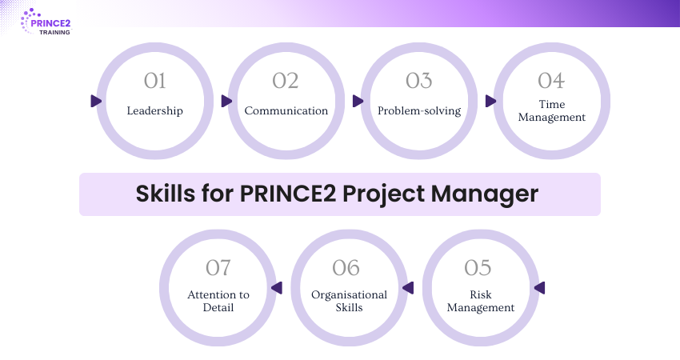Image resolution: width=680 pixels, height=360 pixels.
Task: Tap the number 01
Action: (x=154, y=81)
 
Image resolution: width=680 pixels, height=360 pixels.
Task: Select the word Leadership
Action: (x=154, y=110)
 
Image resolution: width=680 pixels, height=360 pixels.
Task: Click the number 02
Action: (x=286, y=81)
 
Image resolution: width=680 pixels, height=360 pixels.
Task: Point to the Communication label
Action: (x=286, y=110)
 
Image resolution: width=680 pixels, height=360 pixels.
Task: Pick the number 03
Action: (x=418, y=81)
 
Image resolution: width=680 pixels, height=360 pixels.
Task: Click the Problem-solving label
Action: (x=418, y=110)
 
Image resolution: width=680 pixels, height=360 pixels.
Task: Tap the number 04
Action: (x=551, y=81)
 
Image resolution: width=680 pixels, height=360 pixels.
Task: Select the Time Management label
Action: (x=551, y=110)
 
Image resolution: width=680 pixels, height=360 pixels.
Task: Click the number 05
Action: (x=480, y=267)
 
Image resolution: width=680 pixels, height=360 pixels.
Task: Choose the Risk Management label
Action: (x=480, y=302)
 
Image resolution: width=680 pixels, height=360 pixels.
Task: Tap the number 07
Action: (x=218, y=267)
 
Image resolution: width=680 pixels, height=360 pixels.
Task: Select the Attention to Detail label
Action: (x=218, y=302)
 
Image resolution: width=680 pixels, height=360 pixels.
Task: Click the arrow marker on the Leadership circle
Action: (x=96, y=102)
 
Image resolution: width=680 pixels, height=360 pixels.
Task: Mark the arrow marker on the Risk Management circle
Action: (x=538, y=288)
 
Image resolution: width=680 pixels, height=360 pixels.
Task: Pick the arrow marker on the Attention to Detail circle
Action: (x=277, y=288)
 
